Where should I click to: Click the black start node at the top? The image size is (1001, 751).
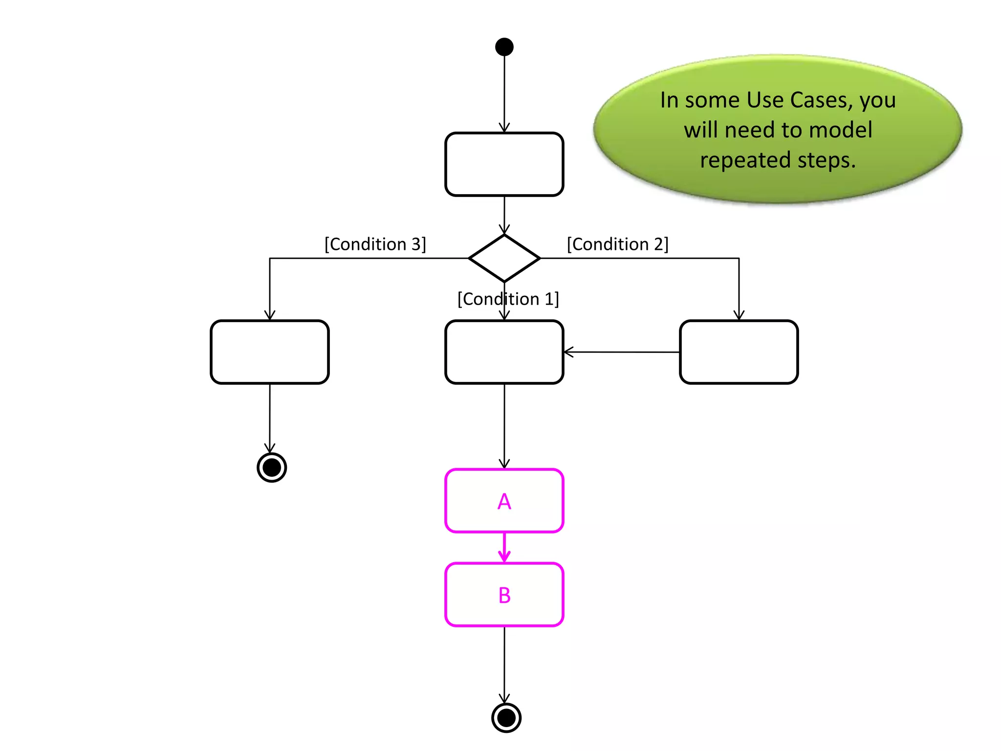(504, 47)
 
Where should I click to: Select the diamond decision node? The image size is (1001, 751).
(504, 258)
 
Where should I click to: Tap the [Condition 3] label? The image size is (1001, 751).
(375, 244)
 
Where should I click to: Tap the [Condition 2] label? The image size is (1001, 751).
(617, 244)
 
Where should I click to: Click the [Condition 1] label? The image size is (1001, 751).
(508, 299)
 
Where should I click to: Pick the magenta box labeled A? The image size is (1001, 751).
(504, 501)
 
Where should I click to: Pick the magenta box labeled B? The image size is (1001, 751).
(504, 595)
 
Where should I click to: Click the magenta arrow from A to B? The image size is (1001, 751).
(504, 548)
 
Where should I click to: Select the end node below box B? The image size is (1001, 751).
(506, 718)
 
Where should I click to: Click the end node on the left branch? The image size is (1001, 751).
(272, 467)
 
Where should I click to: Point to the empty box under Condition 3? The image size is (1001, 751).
(270, 352)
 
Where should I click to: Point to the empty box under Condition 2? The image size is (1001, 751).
(739, 352)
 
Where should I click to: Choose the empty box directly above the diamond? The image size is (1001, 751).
(504, 164)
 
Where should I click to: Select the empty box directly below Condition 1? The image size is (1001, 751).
(504, 352)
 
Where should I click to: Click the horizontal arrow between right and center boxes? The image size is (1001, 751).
(621, 352)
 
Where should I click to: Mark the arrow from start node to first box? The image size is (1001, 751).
(504, 93)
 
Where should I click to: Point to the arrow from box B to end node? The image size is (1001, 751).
(504, 665)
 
